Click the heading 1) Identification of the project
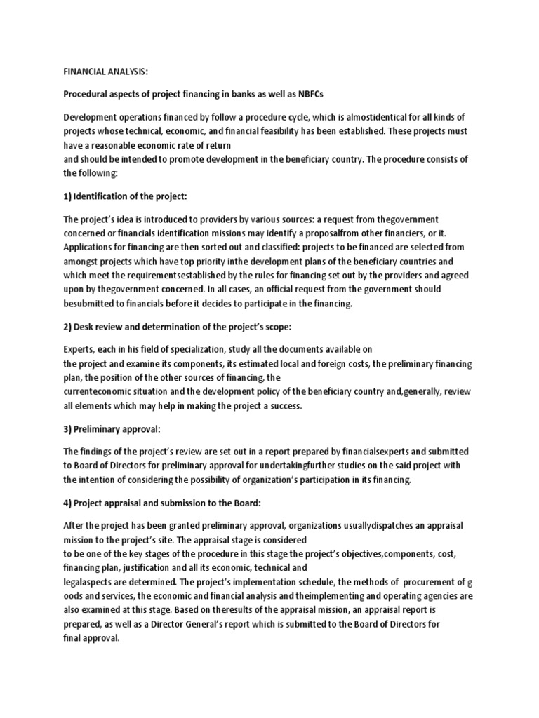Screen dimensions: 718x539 [126, 196]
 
